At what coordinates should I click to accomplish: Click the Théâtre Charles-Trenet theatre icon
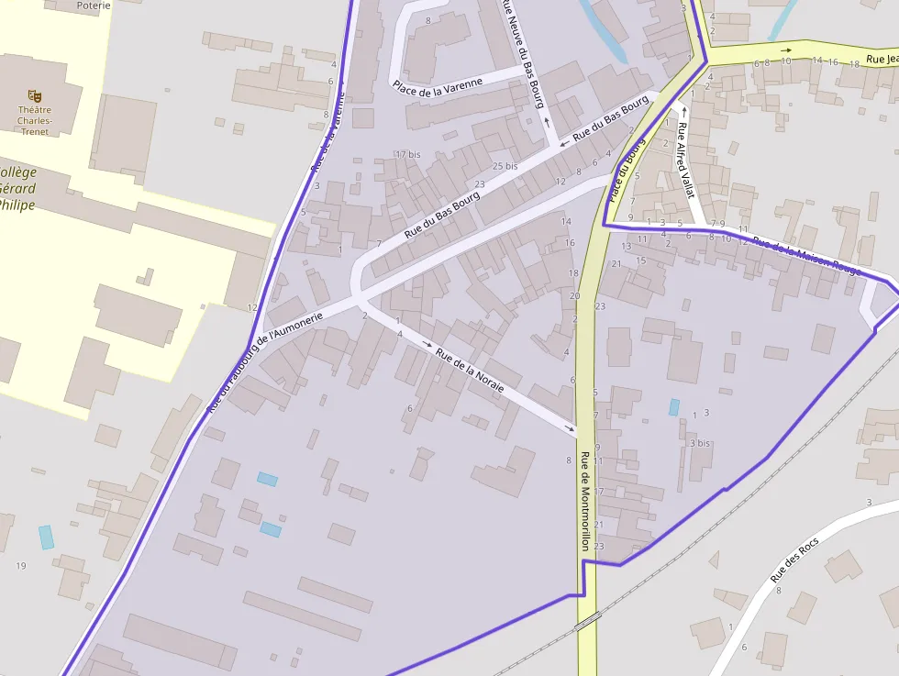pyautogui.click(x=35, y=94)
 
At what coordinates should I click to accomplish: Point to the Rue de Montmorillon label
pyautogui.click(x=583, y=500)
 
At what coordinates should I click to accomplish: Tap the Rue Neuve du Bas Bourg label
pyautogui.click(x=521, y=52)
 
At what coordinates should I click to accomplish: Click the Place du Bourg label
pyautogui.click(x=627, y=170)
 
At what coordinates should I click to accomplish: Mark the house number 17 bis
pyautogui.click(x=407, y=154)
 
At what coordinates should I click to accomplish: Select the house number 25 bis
pyautogui.click(x=505, y=166)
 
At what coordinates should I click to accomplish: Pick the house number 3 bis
pyautogui.click(x=699, y=443)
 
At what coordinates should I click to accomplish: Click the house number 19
pyautogui.click(x=20, y=565)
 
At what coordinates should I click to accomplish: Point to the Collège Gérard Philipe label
pyautogui.click(x=18, y=188)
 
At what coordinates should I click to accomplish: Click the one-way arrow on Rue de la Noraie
pyautogui.click(x=427, y=343)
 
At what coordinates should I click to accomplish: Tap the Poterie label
pyautogui.click(x=94, y=6)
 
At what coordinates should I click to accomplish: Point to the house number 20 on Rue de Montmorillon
pyautogui.click(x=574, y=295)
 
